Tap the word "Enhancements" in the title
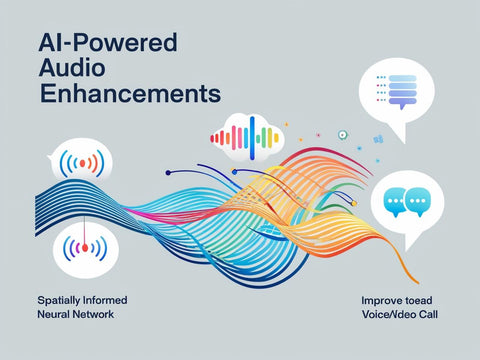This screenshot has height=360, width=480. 129,95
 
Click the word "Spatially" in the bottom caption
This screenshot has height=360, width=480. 61,300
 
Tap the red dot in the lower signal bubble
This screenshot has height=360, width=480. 85,247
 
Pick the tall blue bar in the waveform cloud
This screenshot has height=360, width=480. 254,135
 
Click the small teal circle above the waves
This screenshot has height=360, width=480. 343,134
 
